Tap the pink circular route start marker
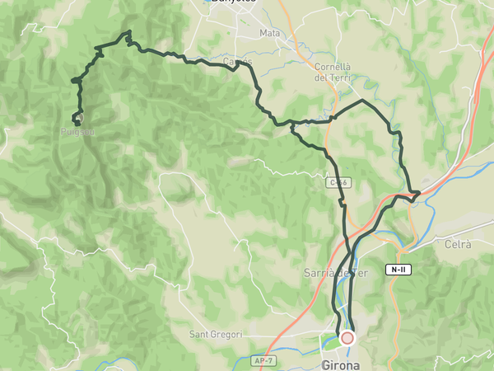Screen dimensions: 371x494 (347, 338)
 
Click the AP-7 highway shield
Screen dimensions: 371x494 (263, 361)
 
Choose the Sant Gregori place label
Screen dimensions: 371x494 (216, 334)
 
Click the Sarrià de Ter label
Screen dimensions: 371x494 (334, 274)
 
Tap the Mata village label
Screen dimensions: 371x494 (269, 33)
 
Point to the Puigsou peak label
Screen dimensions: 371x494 (77, 130)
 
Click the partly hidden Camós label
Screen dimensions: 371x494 (237, 62)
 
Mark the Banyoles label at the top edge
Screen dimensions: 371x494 (233, 2)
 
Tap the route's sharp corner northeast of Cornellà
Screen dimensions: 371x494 (363, 101)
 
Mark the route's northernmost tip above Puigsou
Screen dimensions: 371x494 (128, 32)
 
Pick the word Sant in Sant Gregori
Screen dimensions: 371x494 (201, 334)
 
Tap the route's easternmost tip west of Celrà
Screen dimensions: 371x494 (420, 193)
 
